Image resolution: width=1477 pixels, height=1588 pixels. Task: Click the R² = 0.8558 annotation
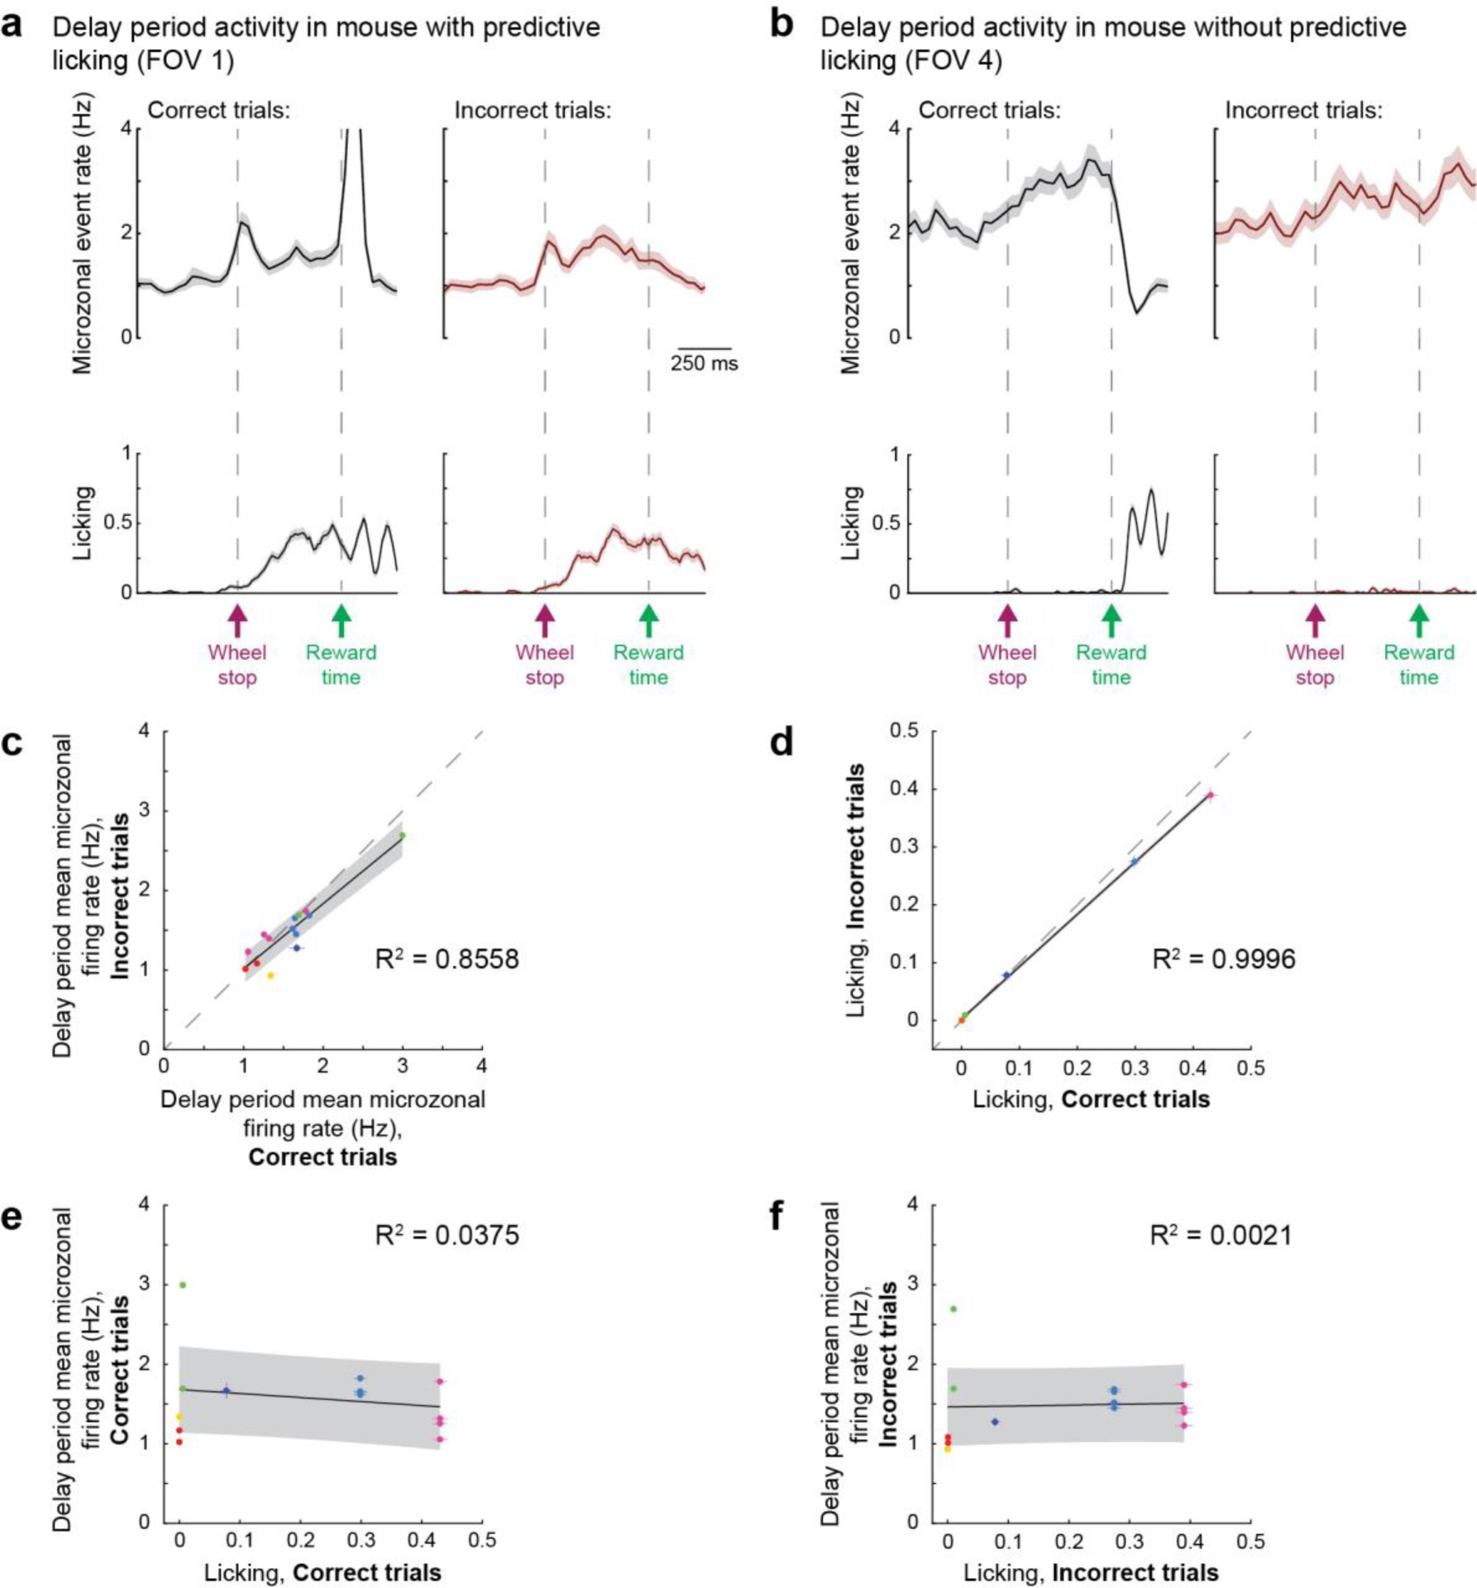click(447, 959)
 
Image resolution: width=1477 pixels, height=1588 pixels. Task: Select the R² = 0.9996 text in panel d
click(1223, 959)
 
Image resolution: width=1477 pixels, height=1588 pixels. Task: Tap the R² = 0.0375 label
click(447, 1235)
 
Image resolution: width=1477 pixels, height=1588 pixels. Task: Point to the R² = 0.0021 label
click(1220, 1235)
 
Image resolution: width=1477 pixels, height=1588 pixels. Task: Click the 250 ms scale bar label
click(704, 364)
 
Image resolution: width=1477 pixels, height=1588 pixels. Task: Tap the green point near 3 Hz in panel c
click(403, 836)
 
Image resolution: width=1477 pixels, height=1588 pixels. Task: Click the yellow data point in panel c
click(270, 975)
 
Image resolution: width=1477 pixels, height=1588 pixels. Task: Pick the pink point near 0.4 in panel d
click(1210, 796)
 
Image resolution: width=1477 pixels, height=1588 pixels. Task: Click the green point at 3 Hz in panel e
click(183, 1285)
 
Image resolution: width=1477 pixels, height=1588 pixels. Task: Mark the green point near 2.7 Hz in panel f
click(954, 1309)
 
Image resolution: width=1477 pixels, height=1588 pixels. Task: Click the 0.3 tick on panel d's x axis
click(1135, 1068)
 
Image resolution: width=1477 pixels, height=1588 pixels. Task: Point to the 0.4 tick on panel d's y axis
click(905, 789)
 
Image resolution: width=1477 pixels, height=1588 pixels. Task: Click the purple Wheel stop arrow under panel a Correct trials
click(237, 620)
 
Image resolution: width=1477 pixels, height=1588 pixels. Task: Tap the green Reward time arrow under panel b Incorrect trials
click(1419, 620)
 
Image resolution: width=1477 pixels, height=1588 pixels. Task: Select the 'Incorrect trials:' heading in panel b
click(1303, 110)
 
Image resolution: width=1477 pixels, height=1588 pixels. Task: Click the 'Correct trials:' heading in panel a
click(218, 110)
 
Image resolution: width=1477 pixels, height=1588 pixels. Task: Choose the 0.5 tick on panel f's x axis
click(1250, 1542)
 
